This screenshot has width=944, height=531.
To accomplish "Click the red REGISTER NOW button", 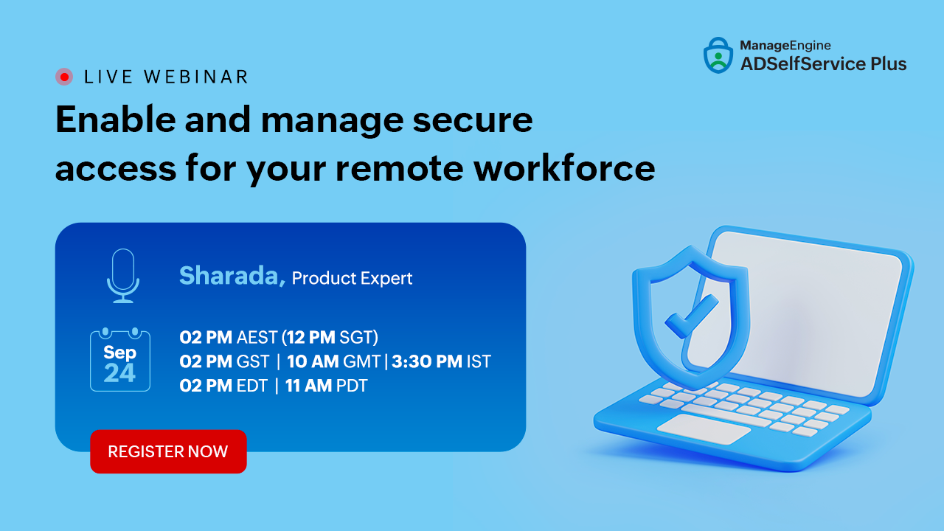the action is coord(168,451).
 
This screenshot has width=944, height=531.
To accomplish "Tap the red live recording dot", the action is coord(64,77).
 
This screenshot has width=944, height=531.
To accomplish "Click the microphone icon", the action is coord(123,276).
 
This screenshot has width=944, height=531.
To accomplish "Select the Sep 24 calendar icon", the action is coord(120,359).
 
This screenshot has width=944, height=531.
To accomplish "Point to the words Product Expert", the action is coord(352,279).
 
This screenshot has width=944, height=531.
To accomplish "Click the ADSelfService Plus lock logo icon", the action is coord(718,55).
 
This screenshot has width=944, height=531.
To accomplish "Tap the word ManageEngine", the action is coord(785,46).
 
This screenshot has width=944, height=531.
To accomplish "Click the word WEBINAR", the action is coord(196,77).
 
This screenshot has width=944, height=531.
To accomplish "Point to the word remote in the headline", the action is coord(399,169).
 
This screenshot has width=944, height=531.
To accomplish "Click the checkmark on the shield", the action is coord(692,316).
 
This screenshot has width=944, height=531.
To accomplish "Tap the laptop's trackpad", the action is coord(704,428).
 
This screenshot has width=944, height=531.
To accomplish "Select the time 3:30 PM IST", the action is coord(441,361).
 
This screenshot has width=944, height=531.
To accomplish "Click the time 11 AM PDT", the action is coord(326,386).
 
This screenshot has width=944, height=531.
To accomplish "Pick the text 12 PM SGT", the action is coord(330,337).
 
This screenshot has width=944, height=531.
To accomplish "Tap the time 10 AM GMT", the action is coord(333,361).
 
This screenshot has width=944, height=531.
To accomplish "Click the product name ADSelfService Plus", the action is coord(824,64).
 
